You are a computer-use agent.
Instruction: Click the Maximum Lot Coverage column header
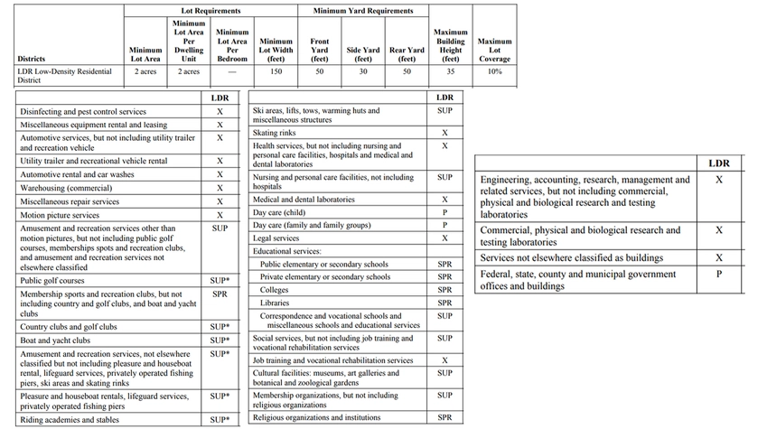pos(494,51)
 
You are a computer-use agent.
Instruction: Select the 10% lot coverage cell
pos(494,70)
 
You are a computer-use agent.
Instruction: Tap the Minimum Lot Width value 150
pos(276,70)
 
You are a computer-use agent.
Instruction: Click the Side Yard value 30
pos(363,70)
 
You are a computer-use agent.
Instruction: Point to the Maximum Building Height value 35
pos(450,70)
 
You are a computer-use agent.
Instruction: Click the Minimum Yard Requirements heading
pos(363,11)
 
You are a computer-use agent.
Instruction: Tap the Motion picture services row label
pos(60,216)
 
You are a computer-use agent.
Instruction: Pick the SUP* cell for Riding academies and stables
pos(220,420)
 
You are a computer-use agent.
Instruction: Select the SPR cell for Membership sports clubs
pos(220,294)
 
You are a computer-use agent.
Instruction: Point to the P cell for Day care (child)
pos(444,212)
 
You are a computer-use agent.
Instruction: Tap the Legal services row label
pos(276,238)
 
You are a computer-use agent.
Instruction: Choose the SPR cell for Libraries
pos(444,303)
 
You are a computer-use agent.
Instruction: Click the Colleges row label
pos(275,290)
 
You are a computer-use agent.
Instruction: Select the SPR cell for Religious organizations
pos(444,417)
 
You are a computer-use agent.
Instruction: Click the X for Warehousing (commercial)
pos(220,189)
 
